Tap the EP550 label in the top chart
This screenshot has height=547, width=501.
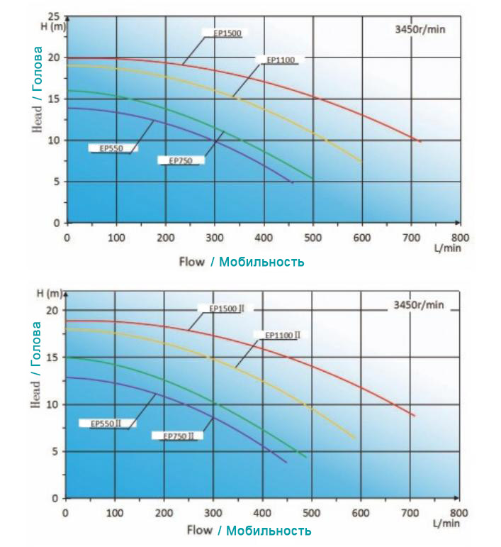tap(113, 148)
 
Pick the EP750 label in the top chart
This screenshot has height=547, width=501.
tap(181, 161)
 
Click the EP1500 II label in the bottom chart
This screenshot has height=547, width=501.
tap(227, 309)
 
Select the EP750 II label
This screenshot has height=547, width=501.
tap(178, 436)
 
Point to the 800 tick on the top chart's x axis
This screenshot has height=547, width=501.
tap(460, 237)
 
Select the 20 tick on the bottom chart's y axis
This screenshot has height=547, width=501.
tap(50, 311)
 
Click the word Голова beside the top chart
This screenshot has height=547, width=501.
tap(38, 75)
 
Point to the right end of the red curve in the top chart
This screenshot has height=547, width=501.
tap(420, 141)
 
